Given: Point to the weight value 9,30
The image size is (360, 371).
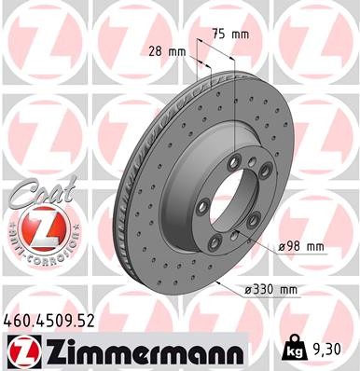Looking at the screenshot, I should pyautogui.click(x=333, y=350).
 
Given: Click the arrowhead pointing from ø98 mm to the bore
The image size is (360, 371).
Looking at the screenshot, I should pyautogui.click(x=244, y=231).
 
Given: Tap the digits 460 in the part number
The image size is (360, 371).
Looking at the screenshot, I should pyautogui.click(x=20, y=320).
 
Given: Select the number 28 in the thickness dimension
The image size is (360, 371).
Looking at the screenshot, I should pyautogui.click(x=157, y=52).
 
